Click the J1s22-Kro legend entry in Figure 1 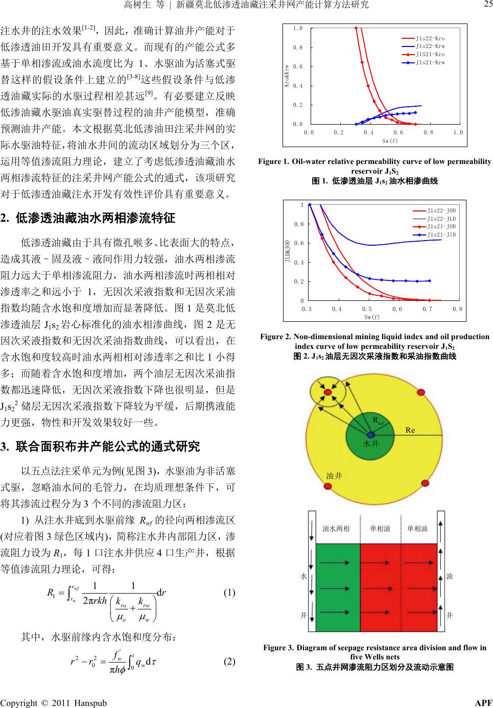tap(430, 38)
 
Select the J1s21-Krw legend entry tap(430, 63)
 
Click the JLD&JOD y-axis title tap(288, 252)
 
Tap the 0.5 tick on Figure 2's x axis tap(367, 309)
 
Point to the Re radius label tap(410, 430)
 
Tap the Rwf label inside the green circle tap(378, 421)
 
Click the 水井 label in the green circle tap(370, 444)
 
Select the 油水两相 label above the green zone tap(336, 528)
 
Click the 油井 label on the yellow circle tap(334, 476)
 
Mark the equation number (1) tap(229, 593)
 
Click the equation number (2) tap(229, 661)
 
